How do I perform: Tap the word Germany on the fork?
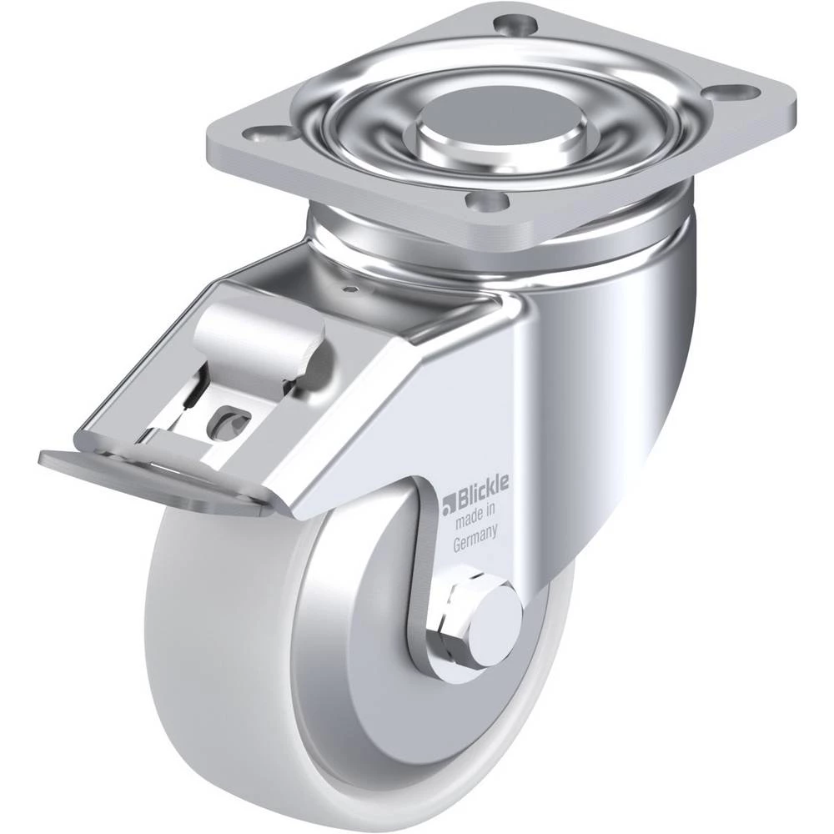(475, 538)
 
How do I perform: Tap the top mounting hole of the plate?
(515, 25)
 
